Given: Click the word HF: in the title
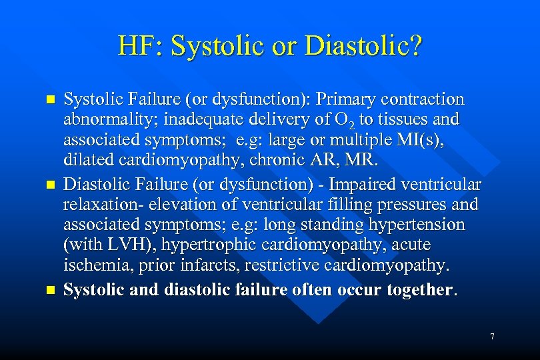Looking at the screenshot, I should pyautogui.click(x=141, y=46).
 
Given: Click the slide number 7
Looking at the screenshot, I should pyautogui.click(x=492, y=337).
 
